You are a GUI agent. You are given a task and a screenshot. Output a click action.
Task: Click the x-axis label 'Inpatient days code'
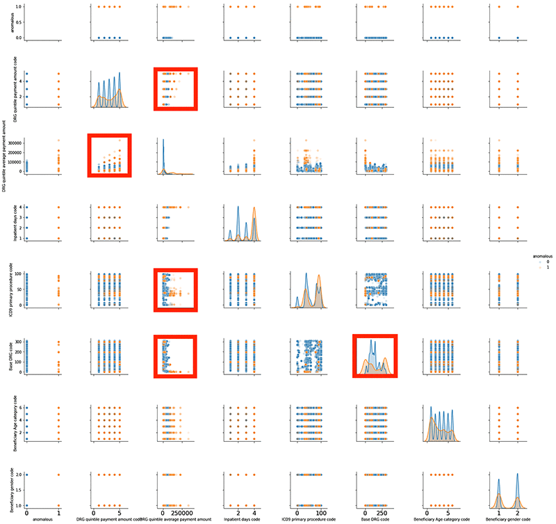click(241, 518)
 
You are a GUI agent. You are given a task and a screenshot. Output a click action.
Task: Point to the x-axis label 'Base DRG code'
click(375, 518)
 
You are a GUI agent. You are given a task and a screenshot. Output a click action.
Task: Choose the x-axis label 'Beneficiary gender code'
click(507, 518)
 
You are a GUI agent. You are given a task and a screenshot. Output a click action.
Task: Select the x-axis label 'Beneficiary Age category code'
click(442, 518)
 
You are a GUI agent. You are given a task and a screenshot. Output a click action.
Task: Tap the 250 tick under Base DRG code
click(384, 511)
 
